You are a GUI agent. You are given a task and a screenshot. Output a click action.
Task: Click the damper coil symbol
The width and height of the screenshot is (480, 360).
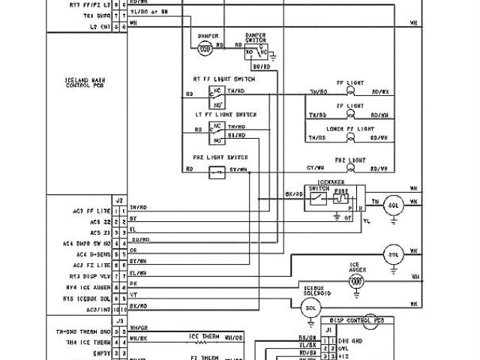tap(204, 46)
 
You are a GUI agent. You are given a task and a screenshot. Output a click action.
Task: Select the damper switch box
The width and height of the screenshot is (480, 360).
tap(256, 49)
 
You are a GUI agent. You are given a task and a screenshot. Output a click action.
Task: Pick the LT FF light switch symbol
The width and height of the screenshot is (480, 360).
tap(217, 132)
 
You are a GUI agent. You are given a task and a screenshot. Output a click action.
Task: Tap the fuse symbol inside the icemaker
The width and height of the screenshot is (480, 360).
tap(341, 199)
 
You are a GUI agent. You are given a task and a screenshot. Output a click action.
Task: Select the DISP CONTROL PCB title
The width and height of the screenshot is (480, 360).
tap(350, 320)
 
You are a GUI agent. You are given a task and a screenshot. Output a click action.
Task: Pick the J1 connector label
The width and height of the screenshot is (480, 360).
tap(328, 328)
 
